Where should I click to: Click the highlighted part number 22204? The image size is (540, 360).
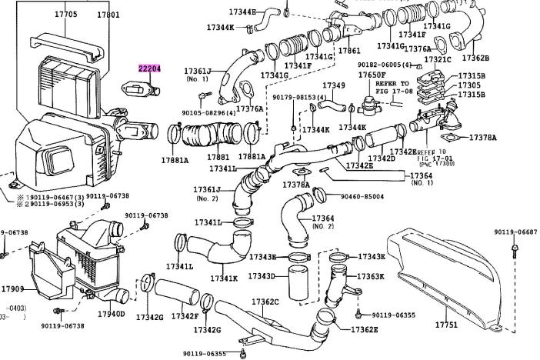click(149, 68)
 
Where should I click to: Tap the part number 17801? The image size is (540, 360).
click(108, 14)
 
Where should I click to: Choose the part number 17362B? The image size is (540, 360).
click(475, 58)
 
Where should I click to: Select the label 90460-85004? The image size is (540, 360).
click(363, 197)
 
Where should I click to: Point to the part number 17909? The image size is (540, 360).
click(12, 289)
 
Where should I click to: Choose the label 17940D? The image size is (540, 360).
click(111, 314)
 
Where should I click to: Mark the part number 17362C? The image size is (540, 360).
click(265, 302)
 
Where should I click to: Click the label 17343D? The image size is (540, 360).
click(262, 276)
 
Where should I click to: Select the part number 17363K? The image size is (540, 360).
click(369, 276)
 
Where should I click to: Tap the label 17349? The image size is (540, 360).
click(334, 85)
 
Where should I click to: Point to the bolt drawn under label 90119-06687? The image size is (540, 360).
click(515, 248)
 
